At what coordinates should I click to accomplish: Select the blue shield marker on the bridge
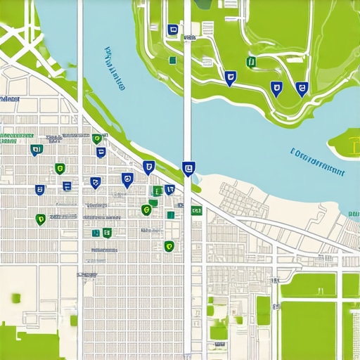pos(187,167)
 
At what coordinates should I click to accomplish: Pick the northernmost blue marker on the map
pos(173,30)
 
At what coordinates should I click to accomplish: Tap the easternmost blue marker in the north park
pos(302,88)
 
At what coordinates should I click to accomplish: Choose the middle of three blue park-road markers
pos(276,88)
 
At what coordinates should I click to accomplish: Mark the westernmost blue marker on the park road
pos(230,77)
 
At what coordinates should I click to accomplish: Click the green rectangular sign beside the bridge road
pos(196,210)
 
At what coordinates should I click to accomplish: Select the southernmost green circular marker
pos(168,245)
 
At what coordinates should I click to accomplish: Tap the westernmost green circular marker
pos(40,219)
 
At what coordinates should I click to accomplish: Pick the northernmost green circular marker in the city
pos(96,139)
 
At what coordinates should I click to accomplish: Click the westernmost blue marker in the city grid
pos(34,149)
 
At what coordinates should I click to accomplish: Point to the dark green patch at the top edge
pos(204,4)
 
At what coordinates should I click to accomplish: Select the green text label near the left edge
pos(8,137)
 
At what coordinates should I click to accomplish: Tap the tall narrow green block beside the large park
pos(263,310)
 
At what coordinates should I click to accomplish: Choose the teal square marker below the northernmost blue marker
pos(172,60)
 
